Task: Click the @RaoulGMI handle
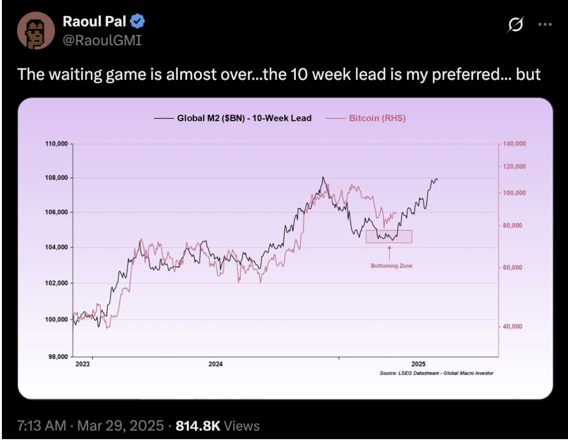pyautogui.click(x=101, y=41)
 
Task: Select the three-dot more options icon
pyautogui.click(x=545, y=25)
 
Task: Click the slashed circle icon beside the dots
pyautogui.click(x=515, y=25)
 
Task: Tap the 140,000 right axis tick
pyautogui.click(x=514, y=143)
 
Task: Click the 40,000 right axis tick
pyautogui.click(x=512, y=326)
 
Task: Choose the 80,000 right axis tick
pyautogui.click(x=512, y=225)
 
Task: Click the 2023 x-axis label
pyautogui.click(x=83, y=364)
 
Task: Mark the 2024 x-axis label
pyautogui.click(x=216, y=364)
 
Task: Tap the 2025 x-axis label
pyautogui.click(x=418, y=364)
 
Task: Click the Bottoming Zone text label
pyautogui.click(x=391, y=266)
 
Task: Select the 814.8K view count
pyautogui.click(x=198, y=426)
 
